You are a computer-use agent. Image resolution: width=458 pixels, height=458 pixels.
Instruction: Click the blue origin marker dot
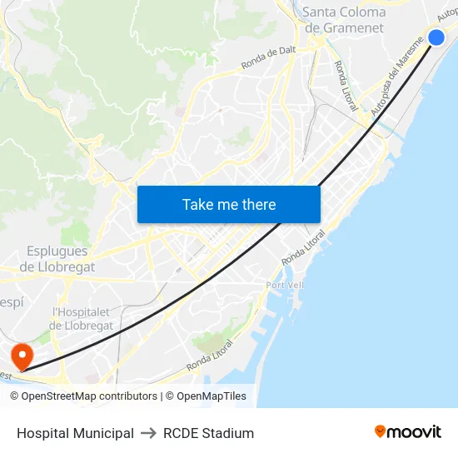436,37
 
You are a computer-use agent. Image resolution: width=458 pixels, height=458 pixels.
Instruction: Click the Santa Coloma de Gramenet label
344,20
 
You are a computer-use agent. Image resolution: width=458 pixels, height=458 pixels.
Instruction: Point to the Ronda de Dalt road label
268,57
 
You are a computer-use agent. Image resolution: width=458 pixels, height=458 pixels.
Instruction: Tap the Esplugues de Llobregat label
57,259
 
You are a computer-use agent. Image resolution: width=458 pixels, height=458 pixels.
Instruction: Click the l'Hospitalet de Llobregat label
82,319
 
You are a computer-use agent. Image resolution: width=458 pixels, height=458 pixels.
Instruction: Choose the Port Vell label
286,285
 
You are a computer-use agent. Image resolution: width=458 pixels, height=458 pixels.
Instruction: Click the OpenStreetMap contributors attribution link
83,396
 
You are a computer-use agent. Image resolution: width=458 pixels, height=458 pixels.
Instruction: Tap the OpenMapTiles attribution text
206,396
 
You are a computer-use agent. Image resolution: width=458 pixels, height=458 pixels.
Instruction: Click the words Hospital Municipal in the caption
75,433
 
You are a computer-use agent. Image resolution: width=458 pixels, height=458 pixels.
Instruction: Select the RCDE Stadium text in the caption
208,433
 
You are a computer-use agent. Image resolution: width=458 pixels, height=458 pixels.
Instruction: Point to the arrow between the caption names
148,433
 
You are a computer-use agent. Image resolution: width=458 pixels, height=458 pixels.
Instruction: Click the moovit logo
407,431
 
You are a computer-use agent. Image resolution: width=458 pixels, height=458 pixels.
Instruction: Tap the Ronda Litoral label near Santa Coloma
346,86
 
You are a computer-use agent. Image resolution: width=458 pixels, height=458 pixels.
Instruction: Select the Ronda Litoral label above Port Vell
303,249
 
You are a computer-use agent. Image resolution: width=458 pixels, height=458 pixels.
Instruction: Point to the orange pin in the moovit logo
381,431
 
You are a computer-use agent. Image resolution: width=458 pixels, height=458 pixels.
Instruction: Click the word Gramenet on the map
354,27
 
